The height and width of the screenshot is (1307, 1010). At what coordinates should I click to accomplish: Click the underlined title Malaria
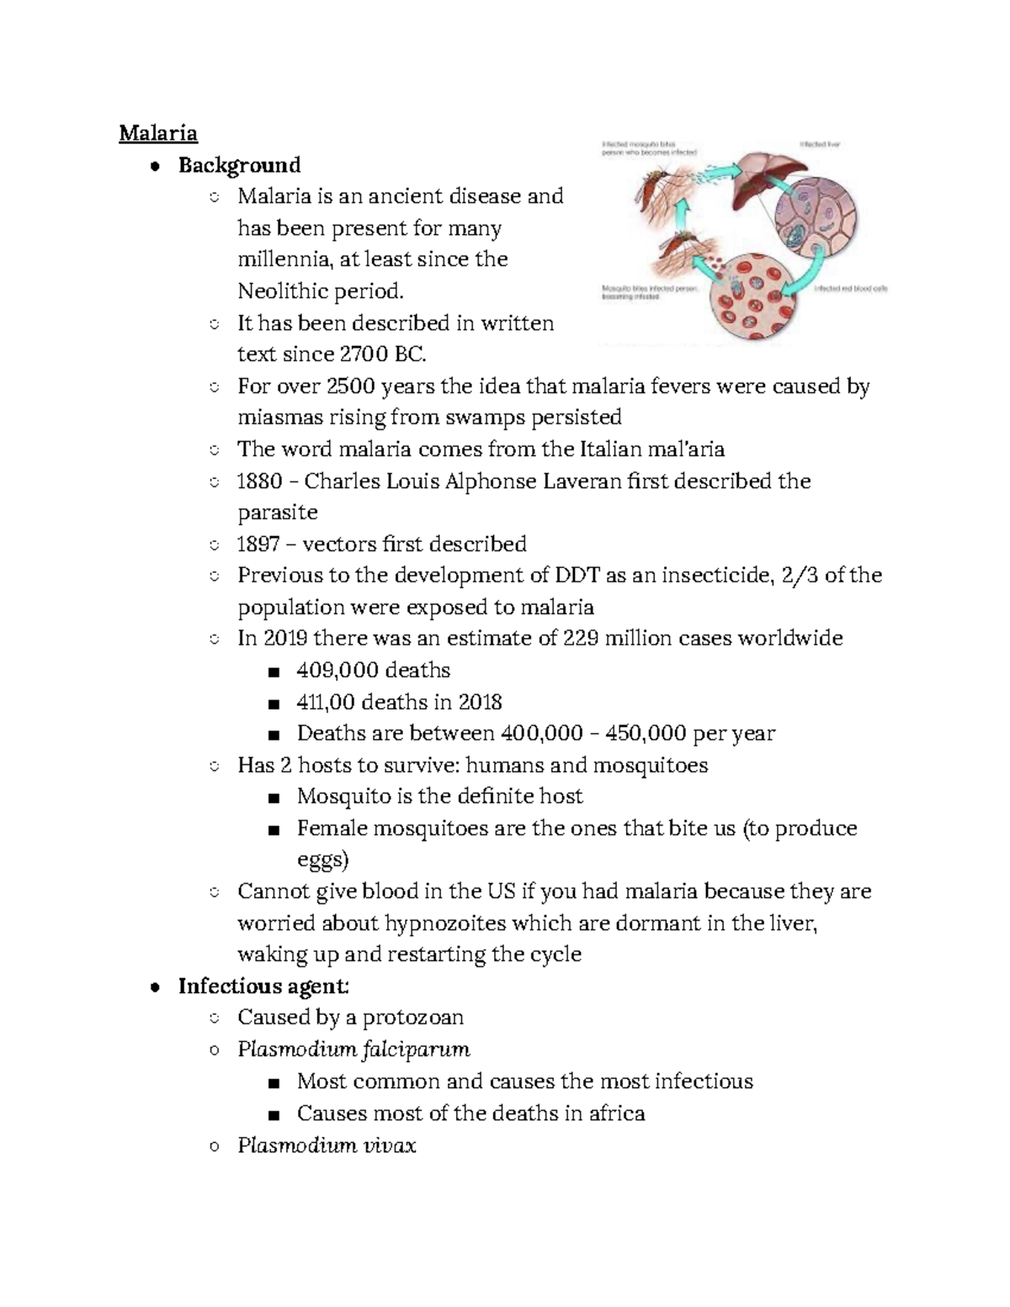coord(158,133)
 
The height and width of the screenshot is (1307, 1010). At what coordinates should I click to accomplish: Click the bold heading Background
coord(239,164)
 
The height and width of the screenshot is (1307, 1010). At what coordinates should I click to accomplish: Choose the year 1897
coord(258,545)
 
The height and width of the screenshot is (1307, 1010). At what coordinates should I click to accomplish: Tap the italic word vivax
coord(389,1145)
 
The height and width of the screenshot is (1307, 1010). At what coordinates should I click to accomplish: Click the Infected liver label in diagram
coord(820,145)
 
